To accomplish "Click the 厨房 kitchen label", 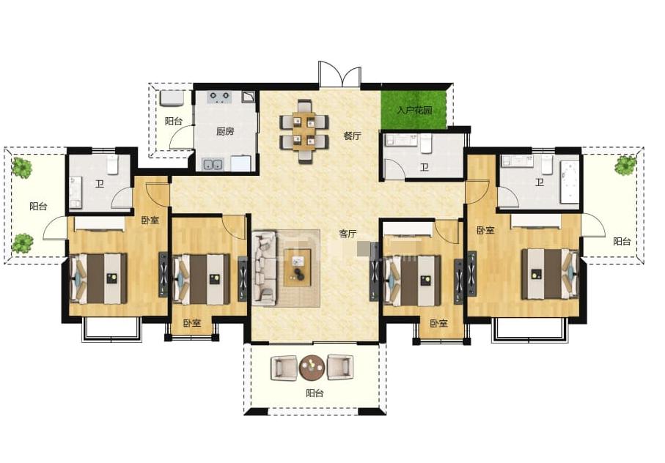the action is tap(225, 131).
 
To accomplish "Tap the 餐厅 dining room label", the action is tap(352, 136).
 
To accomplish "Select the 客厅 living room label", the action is tap(348, 234).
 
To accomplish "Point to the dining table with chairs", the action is tap(304, 131).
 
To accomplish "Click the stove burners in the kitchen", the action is tap(220, 97).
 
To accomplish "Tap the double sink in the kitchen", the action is tap(213, 164).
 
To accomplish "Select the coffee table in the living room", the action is tap(297, 267).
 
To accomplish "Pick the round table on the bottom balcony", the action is tap(312, 367).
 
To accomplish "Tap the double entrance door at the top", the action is tap(339, 75).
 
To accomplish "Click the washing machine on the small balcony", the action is tap(172, 98).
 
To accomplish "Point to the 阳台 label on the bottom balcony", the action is tap(315, 393).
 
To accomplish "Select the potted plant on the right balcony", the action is tap(625, 166).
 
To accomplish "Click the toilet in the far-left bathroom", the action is tap(112, 165).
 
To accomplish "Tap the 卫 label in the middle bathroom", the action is tap(425, 167).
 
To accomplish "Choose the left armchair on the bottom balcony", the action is tap(284, 368).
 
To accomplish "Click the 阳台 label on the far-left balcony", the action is tap(38, 207).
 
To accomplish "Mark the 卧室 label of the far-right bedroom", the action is tap(485, 231).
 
